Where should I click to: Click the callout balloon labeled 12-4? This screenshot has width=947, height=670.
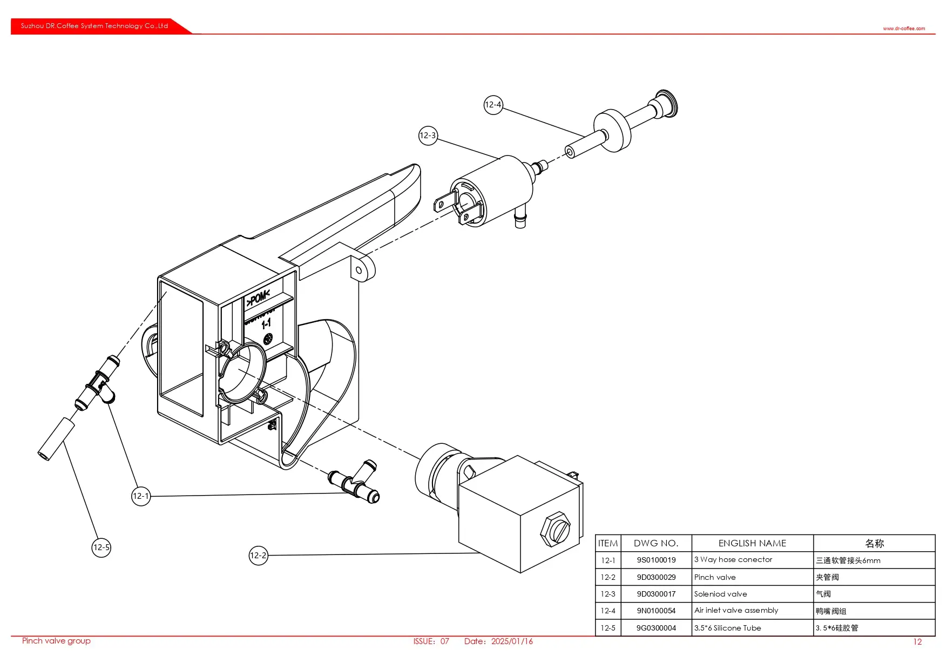(493, 105)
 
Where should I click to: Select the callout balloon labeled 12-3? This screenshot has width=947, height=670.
(428, 136)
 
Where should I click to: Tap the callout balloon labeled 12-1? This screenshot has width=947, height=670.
(141, 496)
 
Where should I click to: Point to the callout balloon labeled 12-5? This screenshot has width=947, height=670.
(102, 547)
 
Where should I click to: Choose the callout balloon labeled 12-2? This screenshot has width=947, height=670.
(259, 556)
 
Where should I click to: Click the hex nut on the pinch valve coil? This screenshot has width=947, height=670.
(555, 530)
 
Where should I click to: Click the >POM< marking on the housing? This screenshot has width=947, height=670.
(258, 297)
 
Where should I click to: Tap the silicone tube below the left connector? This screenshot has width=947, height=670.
(56, 439)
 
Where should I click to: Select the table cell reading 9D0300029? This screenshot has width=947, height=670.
(656, 577)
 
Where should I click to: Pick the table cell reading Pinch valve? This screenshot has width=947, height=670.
(715, 577)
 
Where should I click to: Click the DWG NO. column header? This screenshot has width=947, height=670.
(656, 543)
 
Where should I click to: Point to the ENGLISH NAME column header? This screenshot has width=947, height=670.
(752, 543)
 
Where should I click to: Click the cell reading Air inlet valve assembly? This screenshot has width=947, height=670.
(736, 611)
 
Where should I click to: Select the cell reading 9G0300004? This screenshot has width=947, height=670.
(656, 628)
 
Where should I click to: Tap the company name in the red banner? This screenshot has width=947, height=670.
(94, 26)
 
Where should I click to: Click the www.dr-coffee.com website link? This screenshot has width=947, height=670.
(904, 29)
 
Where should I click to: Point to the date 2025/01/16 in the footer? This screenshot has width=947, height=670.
(512, 641)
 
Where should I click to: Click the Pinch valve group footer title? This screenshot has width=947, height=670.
(56, 641)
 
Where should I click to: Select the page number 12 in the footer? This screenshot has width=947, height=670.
(917, 642)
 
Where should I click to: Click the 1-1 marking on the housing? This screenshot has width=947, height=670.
(266, 324)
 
